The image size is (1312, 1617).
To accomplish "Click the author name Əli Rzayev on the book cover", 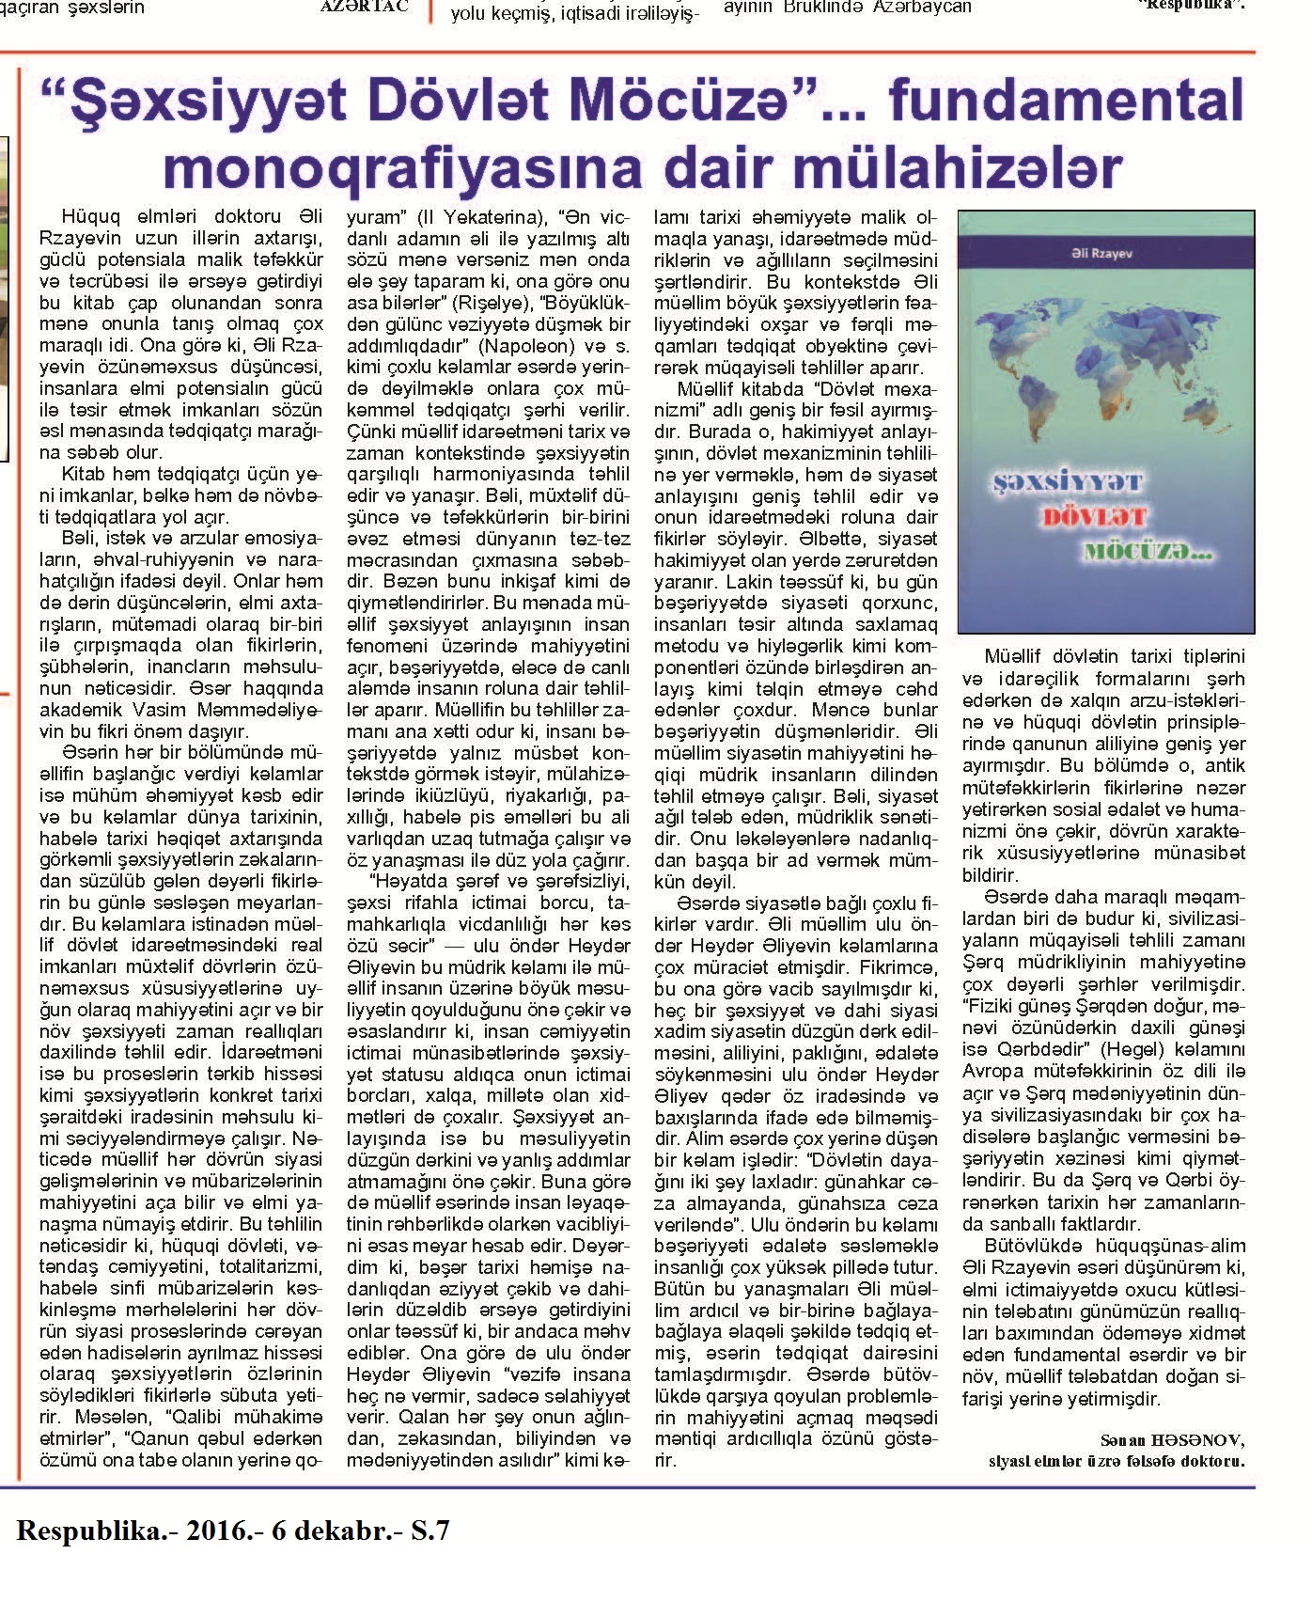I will click(x=1106, y=254).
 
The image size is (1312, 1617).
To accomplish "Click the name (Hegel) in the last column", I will click(x=1124, y=1049).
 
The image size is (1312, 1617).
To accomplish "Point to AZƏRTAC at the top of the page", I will click(x=364, y=8).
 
